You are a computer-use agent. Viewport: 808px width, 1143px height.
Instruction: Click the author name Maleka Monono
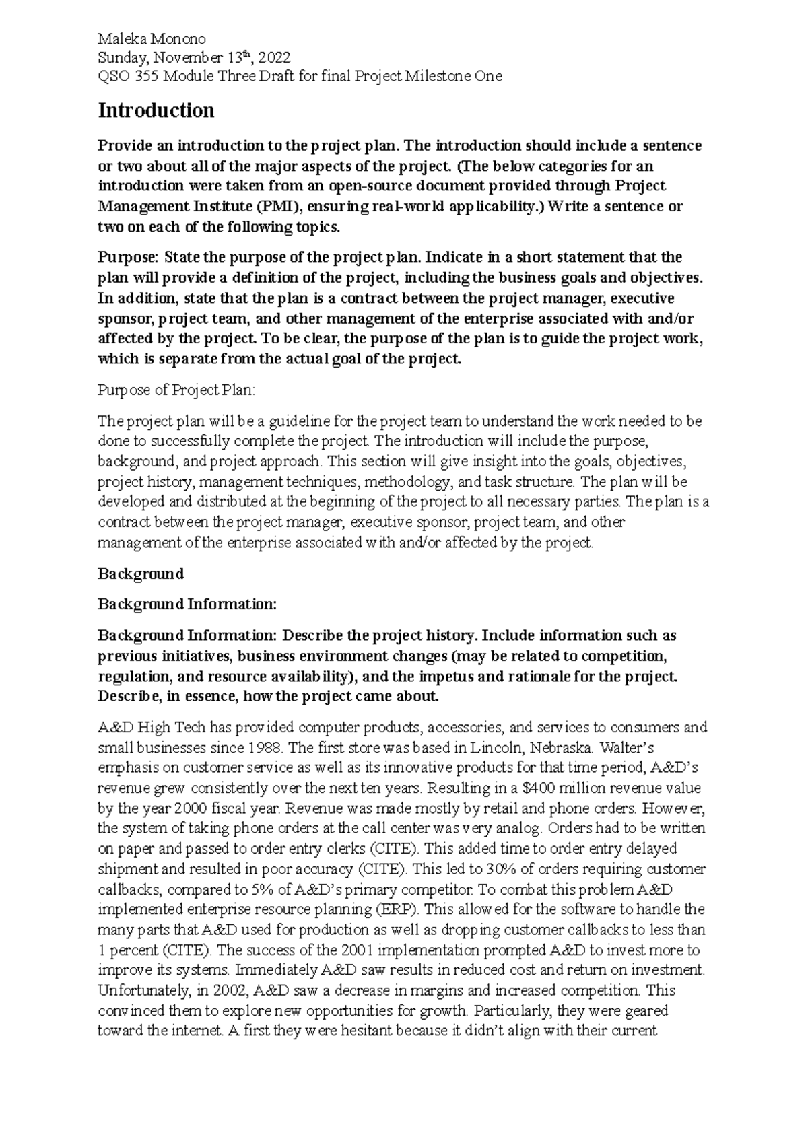pos(151,39)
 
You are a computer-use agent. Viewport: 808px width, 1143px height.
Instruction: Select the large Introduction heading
pos(156,110)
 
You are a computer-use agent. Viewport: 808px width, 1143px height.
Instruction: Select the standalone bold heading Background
pos(141,574)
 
